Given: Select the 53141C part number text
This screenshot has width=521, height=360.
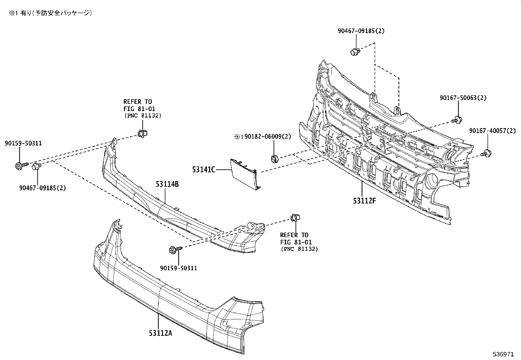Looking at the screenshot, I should click(x=204, y=170).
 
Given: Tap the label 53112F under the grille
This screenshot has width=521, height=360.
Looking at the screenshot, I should click(x=364, y=200).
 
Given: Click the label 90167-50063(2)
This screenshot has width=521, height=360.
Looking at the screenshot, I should click(x=463, y=98).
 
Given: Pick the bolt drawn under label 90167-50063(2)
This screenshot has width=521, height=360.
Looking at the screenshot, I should click(x=458, y=120).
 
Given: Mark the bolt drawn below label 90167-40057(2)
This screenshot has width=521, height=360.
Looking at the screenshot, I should click(x=486, y=153).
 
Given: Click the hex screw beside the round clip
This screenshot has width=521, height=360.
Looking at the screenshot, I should click(x=19, y=166).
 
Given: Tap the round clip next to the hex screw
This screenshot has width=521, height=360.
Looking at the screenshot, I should click(x=35, y=167).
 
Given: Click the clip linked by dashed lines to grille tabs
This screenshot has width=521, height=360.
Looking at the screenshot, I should click(x=354, y=51).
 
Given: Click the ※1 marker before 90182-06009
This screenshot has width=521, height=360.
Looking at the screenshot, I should click(x=237, y=137).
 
